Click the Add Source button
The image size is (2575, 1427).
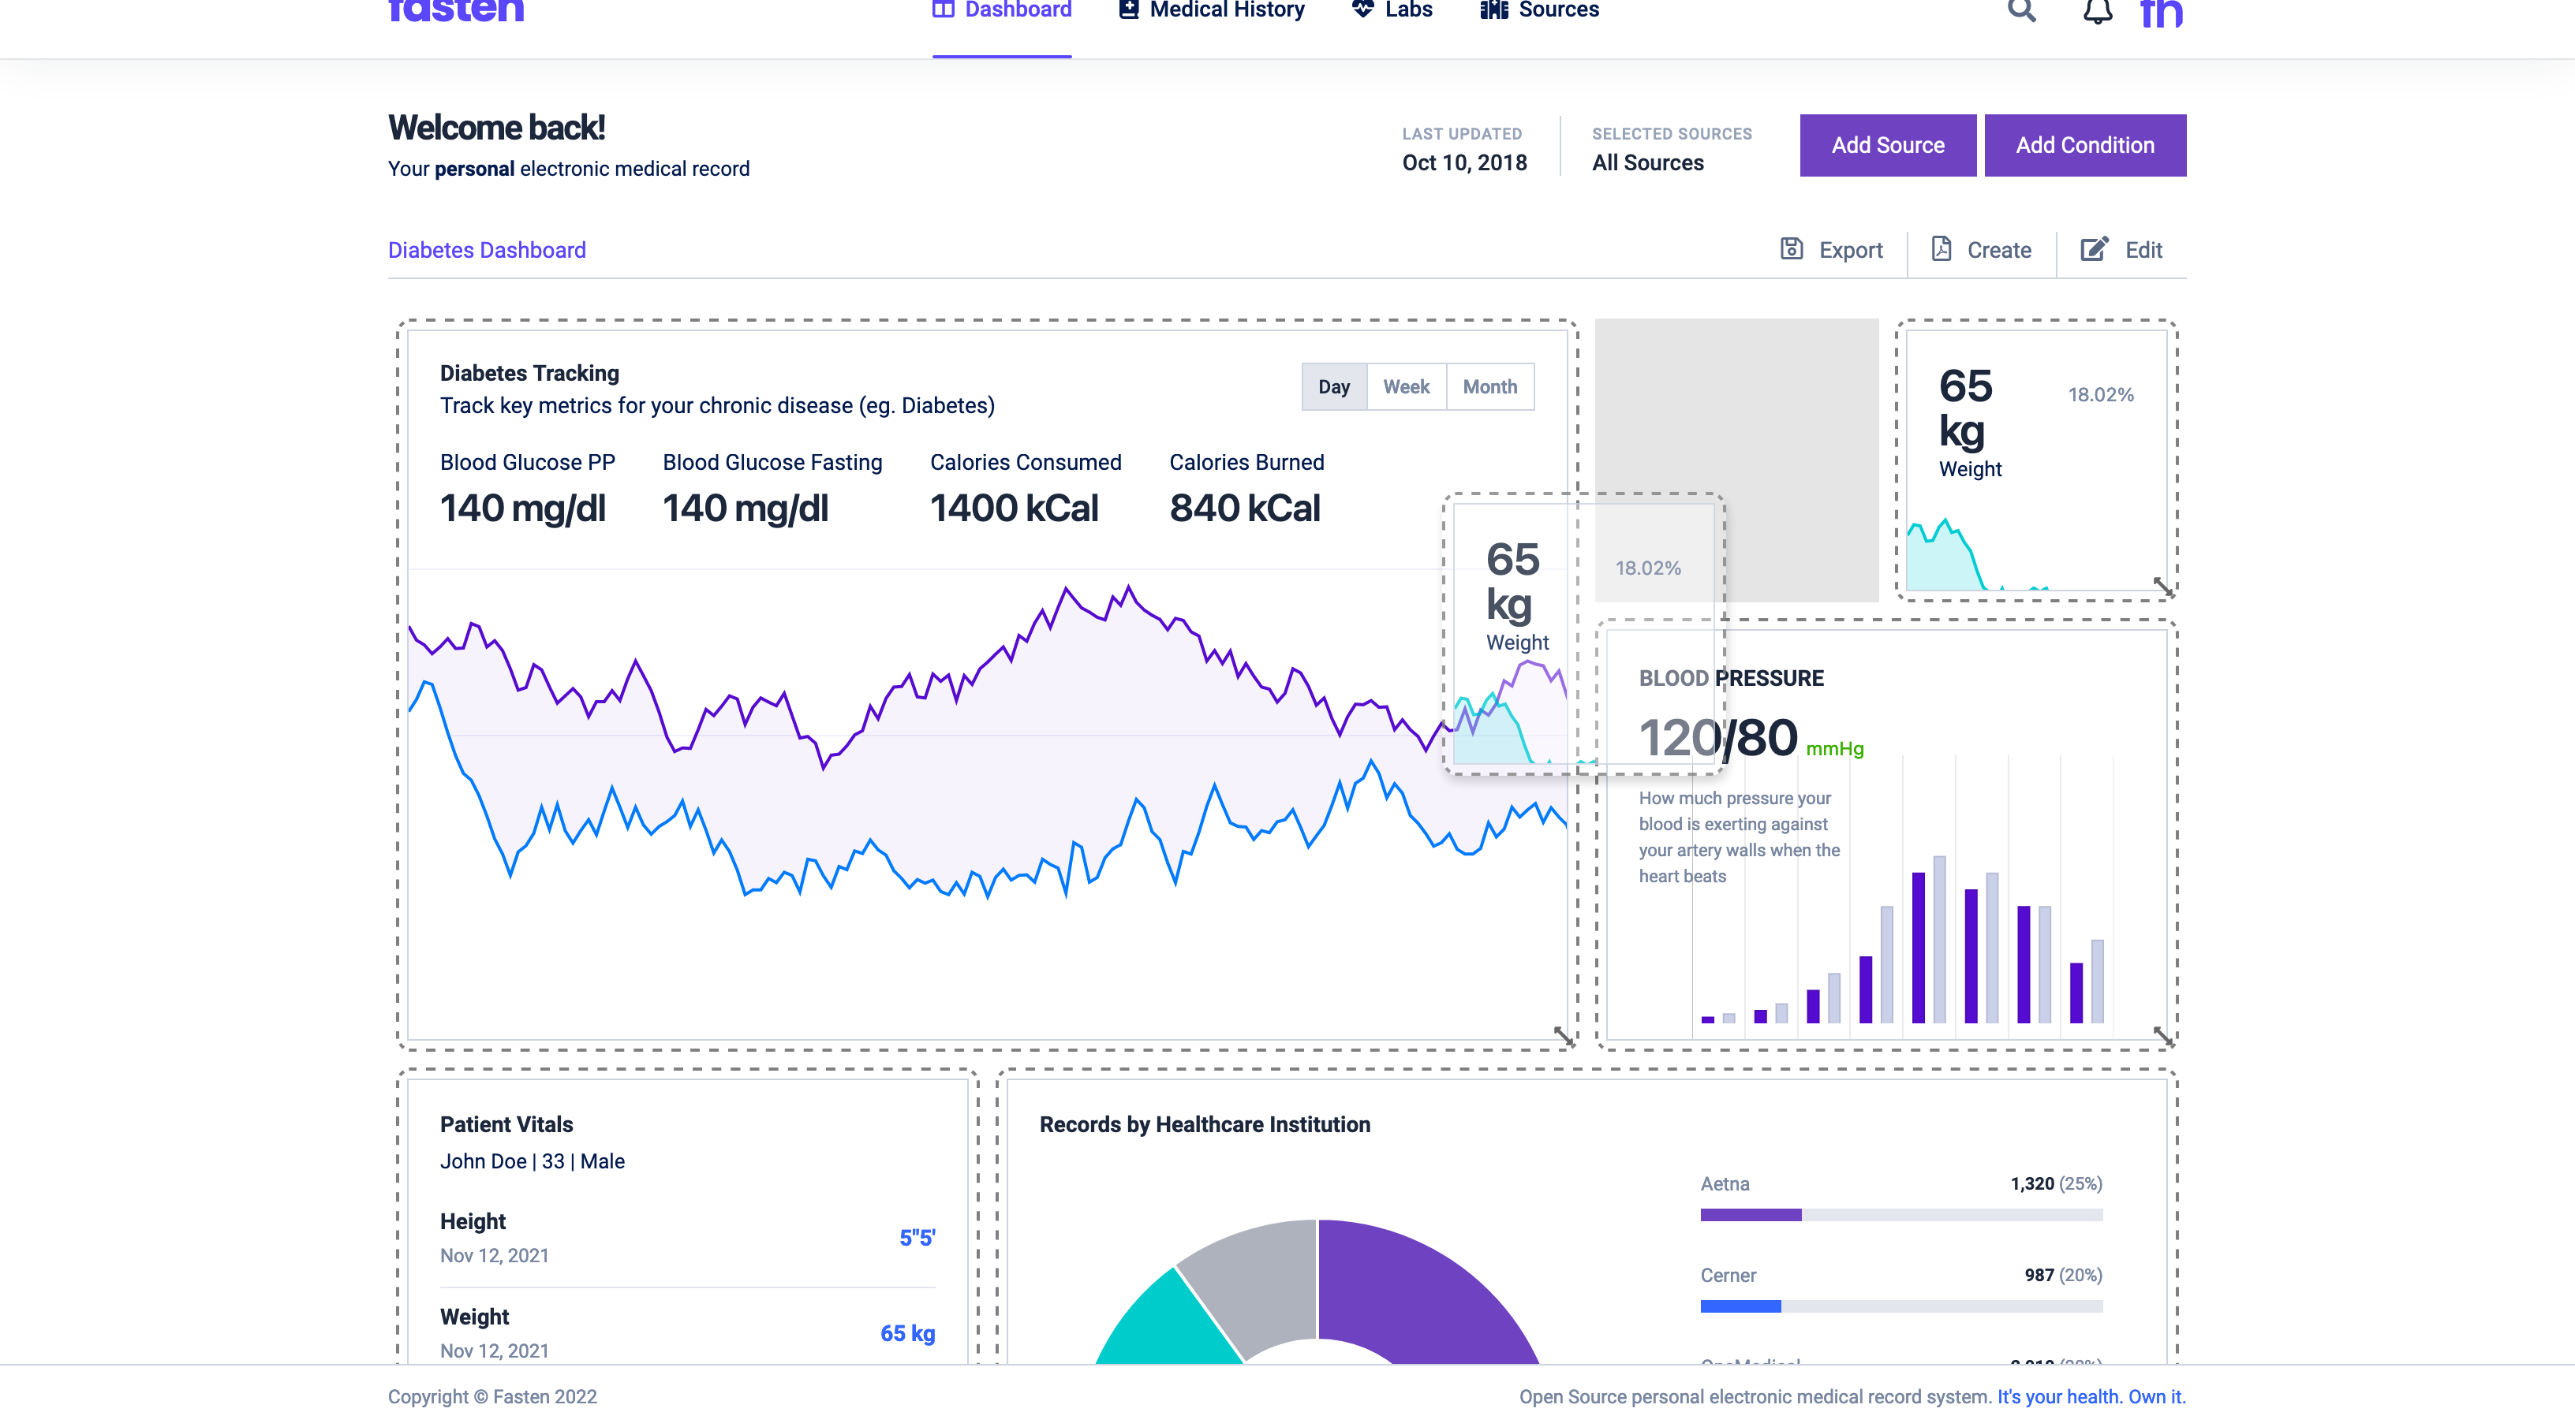point(1887,145)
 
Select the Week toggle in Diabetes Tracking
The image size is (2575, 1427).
point(1406,387)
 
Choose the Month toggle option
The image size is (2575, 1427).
point(1489,387)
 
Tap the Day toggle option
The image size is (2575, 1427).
point(1333,387)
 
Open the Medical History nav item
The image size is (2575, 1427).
point(1212,10)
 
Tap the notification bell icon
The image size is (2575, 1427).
point(2097,12)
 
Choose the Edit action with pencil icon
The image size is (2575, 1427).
point(2121,250)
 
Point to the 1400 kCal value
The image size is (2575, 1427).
point(1014,509)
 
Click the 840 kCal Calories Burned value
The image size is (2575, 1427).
point(1245,509)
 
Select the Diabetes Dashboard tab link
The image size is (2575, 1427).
point(487,250)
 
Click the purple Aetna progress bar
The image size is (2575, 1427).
point(1751,1215)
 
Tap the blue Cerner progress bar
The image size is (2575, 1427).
point(1740,1306)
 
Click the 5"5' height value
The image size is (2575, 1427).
point(917,1237)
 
